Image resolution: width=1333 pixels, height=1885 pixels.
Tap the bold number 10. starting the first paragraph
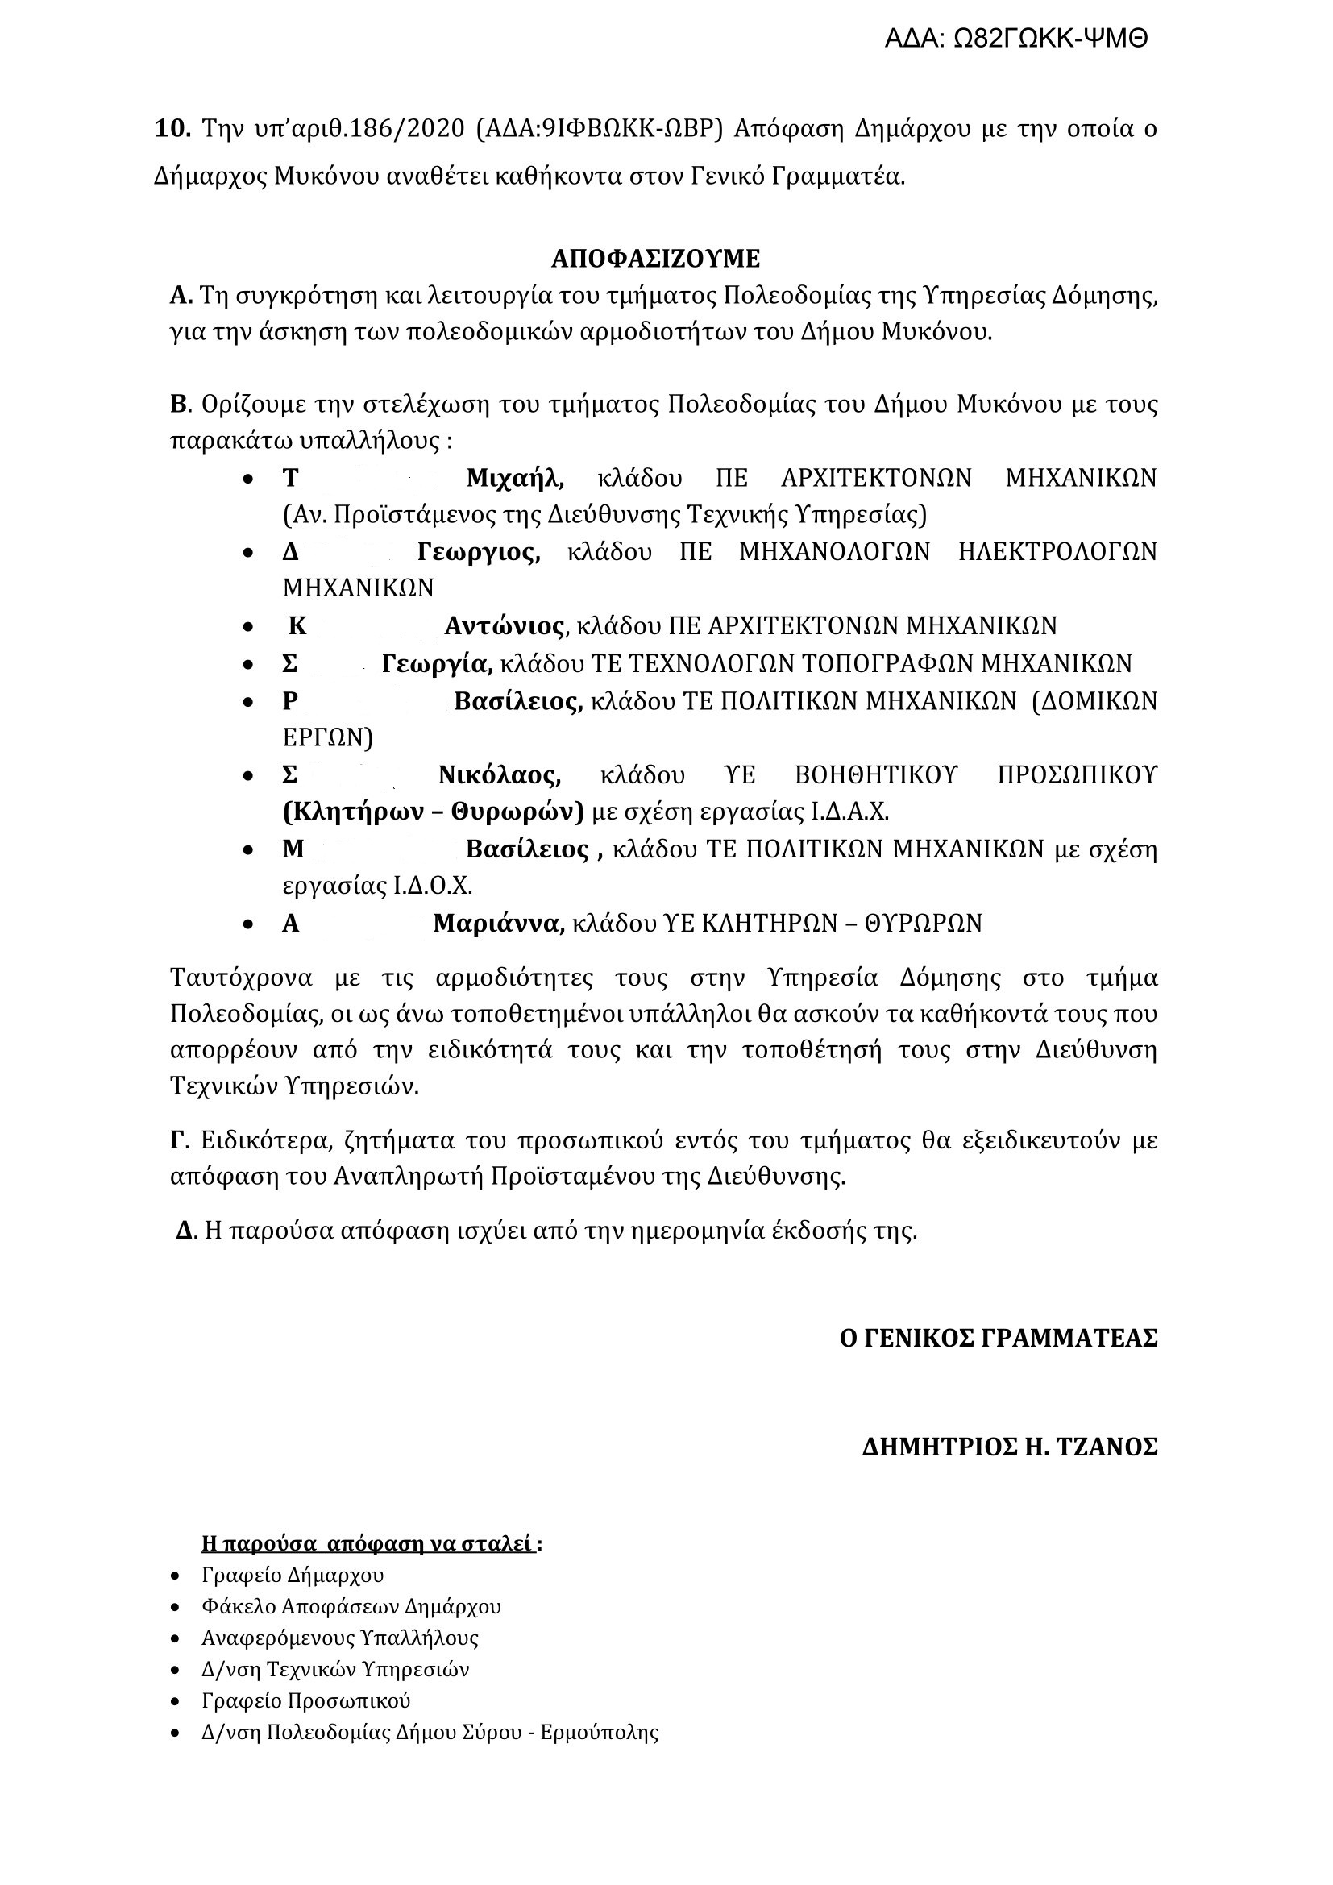pos(172,129)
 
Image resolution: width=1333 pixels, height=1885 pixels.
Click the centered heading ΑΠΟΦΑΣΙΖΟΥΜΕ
pos(656,259)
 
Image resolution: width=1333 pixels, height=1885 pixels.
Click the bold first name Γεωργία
pos(437,662)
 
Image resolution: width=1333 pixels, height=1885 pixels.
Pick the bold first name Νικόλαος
pos(499,774)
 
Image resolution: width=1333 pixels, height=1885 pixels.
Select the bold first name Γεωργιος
pos(479,552)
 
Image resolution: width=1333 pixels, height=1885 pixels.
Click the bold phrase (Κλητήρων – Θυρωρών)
pos(434,812)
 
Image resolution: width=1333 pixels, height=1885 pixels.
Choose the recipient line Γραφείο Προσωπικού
pos(306,1700)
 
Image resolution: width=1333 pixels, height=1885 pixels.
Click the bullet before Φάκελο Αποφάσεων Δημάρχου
pos(175,1608)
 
